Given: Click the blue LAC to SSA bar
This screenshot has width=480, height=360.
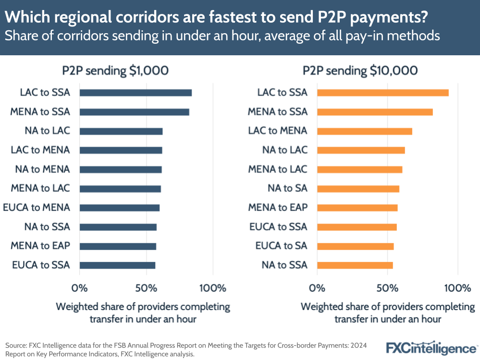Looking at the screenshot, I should point(135,93).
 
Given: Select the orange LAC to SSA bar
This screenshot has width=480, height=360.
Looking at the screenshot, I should point(382,93).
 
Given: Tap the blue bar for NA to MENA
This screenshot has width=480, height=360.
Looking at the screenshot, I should point(121,169).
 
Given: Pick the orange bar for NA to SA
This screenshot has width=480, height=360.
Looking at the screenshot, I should point(358,188).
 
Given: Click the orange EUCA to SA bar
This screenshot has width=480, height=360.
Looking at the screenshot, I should point(355,246).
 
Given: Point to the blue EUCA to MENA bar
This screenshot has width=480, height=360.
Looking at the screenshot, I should point(119,208).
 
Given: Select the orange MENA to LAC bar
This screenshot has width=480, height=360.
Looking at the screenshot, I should point(359,169).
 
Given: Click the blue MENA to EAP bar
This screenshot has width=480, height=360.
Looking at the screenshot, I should point(118,246).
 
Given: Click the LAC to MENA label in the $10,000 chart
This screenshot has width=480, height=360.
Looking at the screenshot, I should point(277,131).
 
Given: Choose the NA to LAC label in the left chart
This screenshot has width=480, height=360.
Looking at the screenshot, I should point(47,131).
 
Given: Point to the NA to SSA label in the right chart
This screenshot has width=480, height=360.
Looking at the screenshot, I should point(284,265).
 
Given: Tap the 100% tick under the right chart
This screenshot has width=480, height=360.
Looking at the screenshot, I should point(457,288).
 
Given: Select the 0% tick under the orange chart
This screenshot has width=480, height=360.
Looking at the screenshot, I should point(317,288).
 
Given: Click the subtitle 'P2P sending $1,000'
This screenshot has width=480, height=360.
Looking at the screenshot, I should point(115,71).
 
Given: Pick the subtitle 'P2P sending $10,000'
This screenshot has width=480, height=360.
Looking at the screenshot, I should point(360,71).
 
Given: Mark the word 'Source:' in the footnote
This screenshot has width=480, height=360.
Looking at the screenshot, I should point(16,346).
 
